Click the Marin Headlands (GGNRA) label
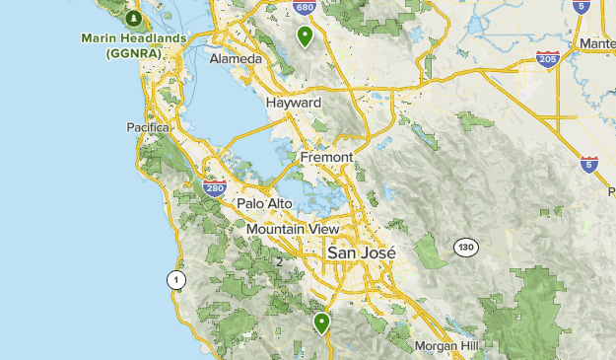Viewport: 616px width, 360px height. [133, 45]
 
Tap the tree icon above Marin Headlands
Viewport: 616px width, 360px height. [135, 18]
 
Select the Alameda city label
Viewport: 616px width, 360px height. [236, 59]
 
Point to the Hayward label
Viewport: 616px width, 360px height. [294, 103]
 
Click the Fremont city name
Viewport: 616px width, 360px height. [326, 157]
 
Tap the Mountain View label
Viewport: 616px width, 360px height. [293, 229]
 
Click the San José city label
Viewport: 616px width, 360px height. [361, 252]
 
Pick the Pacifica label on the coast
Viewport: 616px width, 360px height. [149, 127]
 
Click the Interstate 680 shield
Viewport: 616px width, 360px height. [305, 8]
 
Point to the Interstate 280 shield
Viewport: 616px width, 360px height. [215, 186]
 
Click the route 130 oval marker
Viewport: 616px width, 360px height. [465, 247]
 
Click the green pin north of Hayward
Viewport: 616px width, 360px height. [306, 37]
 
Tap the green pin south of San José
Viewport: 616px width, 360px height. [321, 323]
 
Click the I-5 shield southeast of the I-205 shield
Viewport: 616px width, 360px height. [589, 165]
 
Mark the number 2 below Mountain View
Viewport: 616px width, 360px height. [279, 262]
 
